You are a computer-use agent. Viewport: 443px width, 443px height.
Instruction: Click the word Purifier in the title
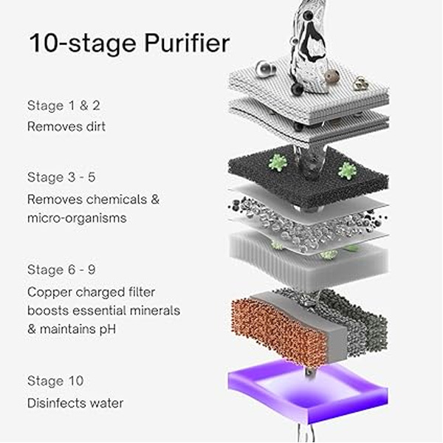tap(187, 44)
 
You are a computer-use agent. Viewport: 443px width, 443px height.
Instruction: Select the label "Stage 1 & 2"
tap(63, 106)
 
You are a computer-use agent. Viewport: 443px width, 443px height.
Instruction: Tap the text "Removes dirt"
tap(66, 126)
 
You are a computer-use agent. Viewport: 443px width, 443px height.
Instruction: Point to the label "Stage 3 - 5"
tap(61, 177)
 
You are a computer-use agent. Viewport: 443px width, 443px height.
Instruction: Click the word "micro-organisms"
tap(77, 218)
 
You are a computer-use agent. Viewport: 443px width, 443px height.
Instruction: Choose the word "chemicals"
tap(117, 199)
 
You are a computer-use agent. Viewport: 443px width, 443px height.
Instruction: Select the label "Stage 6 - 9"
tap(61, 269)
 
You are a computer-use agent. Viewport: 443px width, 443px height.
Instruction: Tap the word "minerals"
tap(155, 311)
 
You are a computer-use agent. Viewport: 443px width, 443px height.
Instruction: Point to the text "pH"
tap(107, 329)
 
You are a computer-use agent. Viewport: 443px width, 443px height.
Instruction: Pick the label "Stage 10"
tap(55, 381)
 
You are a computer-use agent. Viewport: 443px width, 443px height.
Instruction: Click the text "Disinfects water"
tap(75, 403)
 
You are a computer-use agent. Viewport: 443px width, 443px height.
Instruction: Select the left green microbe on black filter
tap(277, 163)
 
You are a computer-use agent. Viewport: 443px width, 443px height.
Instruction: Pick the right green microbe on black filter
tap(348, 171)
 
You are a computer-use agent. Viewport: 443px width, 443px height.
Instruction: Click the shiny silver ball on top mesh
tap(266, 69)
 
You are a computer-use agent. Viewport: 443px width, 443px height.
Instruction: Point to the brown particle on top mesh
tap(332, 76)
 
